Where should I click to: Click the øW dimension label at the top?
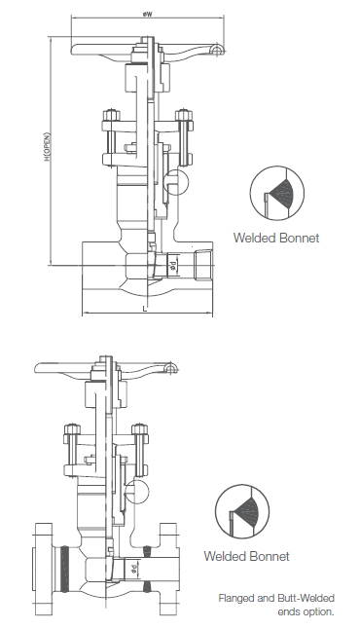tap(147, 14)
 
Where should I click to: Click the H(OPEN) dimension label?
tap(48, 147)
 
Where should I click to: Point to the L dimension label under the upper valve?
tap(145, 309)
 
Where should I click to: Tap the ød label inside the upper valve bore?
tap(173, 265)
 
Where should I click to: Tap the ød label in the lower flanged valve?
tap(133, 569)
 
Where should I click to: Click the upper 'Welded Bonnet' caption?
tap(276, 238)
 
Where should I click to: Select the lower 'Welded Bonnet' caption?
tap(246, 556)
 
